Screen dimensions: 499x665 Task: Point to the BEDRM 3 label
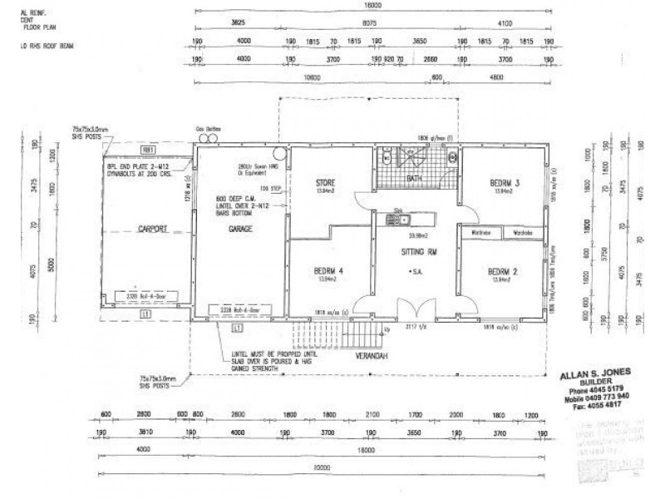(505, 182)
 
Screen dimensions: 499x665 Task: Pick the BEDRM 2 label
(504, 272)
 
